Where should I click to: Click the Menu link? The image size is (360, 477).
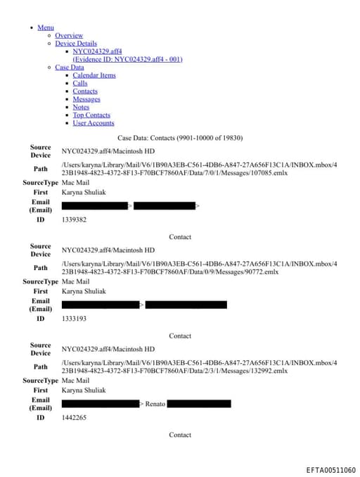(x=45, y=27)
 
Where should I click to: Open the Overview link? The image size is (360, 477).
(x=69, y=35)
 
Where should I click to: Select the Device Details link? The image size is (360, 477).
(x=76, y=44)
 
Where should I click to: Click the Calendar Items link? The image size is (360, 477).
(x=94, y=75)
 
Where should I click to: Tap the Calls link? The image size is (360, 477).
(x=80, y=83)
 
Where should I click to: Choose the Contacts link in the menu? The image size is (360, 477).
(x=85, y=91)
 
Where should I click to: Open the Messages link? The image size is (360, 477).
(x=86, y=99)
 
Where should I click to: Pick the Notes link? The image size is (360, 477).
(x=81, y=107)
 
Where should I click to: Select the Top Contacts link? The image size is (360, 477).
(x=91, y=115)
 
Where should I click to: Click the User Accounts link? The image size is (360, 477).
(x=94, y=123)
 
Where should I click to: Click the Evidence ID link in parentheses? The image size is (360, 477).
(x=127, y=59)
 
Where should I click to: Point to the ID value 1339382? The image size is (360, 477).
(x=74, y=220)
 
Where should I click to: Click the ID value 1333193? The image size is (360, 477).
(x=74, y=319)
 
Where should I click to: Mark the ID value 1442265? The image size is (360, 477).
(x=74, y=417)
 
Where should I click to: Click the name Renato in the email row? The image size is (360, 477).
(x=155, y=404)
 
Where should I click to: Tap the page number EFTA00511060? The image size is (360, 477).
(x=330, y=470)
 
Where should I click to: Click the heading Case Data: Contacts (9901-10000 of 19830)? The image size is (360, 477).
(x=180, y=138)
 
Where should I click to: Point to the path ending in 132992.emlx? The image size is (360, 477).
(x=199, y=367)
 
